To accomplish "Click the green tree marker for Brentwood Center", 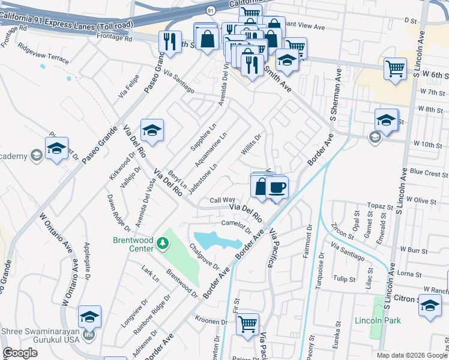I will coord(162,243).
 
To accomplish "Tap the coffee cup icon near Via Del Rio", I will coord(277,187).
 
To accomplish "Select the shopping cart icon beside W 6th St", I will coord(395,69).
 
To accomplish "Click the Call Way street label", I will coord(222,200).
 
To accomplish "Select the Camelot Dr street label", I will coord(235,226).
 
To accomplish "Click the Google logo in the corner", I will coord(21,353).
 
